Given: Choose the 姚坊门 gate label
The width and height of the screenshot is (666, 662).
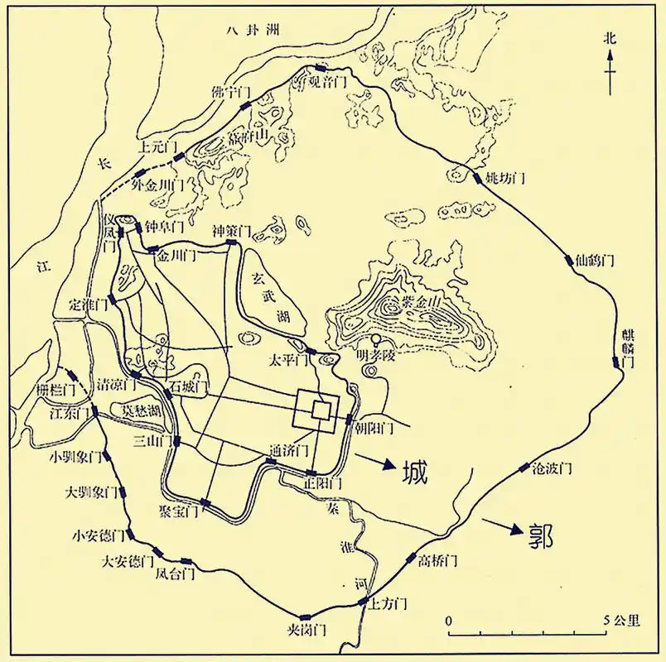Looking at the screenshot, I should click(x=505, y=178).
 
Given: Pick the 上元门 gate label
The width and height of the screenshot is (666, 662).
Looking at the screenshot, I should click(x=157, y=147).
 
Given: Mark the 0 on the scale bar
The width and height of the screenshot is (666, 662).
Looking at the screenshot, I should click(x=448, y=620).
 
